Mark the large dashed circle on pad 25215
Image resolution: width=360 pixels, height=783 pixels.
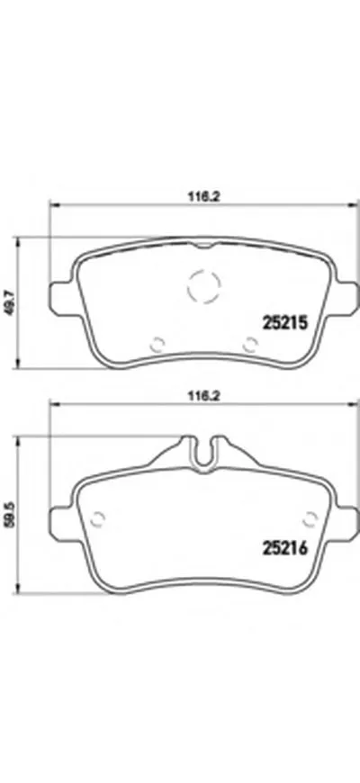(203, 287)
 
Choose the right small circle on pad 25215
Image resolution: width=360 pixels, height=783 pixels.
(251, 343)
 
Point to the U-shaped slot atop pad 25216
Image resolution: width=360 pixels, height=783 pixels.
(203, 447)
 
